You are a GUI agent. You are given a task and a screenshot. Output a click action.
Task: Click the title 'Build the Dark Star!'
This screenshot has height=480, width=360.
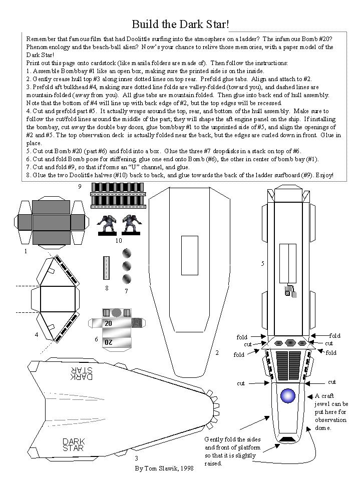[180, 24]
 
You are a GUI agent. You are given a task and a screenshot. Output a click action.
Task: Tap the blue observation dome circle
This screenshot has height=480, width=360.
[287, 396]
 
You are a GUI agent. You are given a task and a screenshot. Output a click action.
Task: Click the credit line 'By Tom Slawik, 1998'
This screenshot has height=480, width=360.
[163, 469]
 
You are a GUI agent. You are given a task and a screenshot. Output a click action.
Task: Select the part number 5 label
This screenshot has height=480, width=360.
[262, 263]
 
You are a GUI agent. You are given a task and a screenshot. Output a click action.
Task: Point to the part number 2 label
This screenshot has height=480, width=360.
[217, 353]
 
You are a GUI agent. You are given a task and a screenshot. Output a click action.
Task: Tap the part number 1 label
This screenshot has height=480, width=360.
[26, 252]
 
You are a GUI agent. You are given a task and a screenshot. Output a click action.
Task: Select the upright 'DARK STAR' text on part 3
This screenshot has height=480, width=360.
[73, 444]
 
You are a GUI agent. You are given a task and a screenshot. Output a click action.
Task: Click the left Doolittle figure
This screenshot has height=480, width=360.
[106, 225]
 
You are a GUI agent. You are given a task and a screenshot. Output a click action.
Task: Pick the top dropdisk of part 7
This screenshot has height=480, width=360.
[126, 252]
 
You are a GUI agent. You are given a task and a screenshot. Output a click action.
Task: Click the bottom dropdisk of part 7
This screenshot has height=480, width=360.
[126, 278]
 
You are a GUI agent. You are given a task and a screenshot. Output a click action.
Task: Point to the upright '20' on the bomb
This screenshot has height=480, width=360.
[108, 324]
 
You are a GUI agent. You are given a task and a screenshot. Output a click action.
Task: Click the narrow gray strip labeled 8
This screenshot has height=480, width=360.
[106, 268]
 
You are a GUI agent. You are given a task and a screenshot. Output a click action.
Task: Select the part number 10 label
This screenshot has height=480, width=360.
[118, 240]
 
